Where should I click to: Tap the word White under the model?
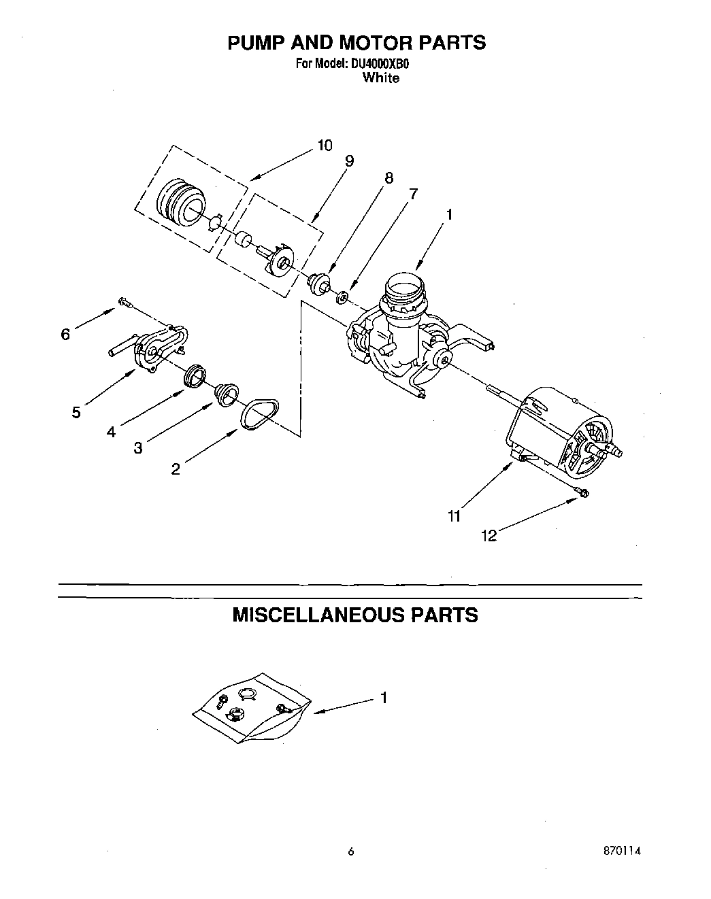pyautogui.click(x=380, y=78)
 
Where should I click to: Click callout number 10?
pyautogui.click(x=325, y=145)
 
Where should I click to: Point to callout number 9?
pyautogui.click(x=349, y=161)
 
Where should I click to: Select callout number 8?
pyautogui.click(x=388, y=178)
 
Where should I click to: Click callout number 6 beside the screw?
pyautogui.click(x=65, y=334)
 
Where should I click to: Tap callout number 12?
pyautogui.click(x=489, y=536)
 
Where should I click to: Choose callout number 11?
pyautogui.click(x=454, y=516)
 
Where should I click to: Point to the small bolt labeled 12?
pyautogui.click(x=584, y=492)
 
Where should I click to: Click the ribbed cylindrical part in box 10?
pyautogui.click(x=180, y=200)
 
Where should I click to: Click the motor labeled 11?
pyautogui.click(x=561, y=428)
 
